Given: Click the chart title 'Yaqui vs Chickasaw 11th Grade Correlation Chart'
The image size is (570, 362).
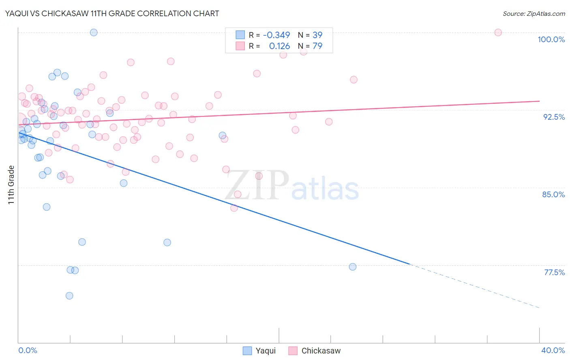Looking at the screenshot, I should coord(112,13).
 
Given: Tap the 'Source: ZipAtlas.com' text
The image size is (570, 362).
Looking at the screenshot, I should coord(534,14).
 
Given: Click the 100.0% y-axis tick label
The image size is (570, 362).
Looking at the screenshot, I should coord(551,39).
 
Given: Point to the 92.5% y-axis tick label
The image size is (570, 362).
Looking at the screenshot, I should coord(554,117).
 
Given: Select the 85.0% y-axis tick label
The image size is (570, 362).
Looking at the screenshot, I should coord(553,194).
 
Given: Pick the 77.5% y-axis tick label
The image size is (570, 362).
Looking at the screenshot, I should coord(554,272).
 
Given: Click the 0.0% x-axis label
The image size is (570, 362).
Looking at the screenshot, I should coord(28,350).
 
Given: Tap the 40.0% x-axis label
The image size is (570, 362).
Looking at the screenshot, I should coord(553,350).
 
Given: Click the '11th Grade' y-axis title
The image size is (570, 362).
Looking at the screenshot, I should coord(11,185).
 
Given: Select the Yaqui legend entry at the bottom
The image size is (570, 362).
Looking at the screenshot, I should coord(259,351).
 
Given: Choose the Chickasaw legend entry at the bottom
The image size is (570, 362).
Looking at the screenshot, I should coord(315,351).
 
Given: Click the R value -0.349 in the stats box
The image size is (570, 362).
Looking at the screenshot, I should coord(276,35).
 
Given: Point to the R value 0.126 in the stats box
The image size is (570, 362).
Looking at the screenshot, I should coord(279,46).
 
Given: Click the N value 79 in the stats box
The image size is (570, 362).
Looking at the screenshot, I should coord(317,46).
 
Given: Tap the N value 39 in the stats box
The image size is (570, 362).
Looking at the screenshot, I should coord(317,35).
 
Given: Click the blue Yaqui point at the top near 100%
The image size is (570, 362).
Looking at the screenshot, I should coord(94,32).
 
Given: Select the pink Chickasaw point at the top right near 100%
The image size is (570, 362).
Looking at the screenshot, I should coord(498,32).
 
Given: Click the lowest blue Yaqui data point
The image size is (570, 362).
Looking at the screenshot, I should coord(69,295).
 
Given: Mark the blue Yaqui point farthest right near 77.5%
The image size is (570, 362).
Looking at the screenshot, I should coord(353,267).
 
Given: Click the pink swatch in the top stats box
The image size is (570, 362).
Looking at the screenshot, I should coord(240,46).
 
